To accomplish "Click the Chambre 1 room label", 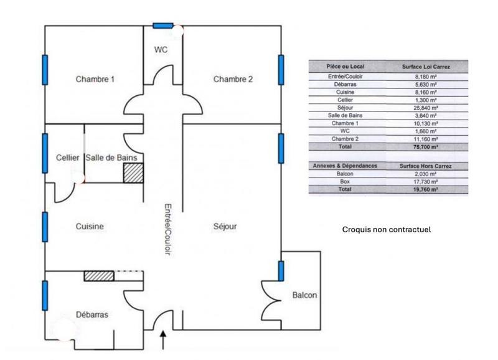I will click(95, 79).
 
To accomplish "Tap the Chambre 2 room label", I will click(233, 79).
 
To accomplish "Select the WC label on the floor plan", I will click(161, 49).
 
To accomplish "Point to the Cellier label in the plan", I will click(67, 158).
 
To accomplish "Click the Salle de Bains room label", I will click(111, 158).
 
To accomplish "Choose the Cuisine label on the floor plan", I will click(90, 227).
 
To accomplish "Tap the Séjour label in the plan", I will click(225, 227).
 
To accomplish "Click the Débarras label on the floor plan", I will click(92, 315).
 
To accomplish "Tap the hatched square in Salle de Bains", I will click(133, 173).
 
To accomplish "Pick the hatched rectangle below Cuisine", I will click(99, 275).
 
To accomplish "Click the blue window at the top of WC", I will click(163, 26).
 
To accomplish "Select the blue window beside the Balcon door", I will click(281, 272).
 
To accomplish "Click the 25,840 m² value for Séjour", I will click(426, 107).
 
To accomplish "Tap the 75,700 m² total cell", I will click(426, 147).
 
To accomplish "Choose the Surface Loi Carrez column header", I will click(426, 65).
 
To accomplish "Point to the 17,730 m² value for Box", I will click(426, 181).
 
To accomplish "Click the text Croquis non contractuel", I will click(387, 229).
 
